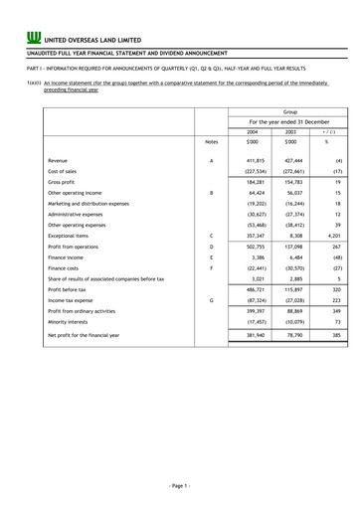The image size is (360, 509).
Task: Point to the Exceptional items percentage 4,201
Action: (333, 237)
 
